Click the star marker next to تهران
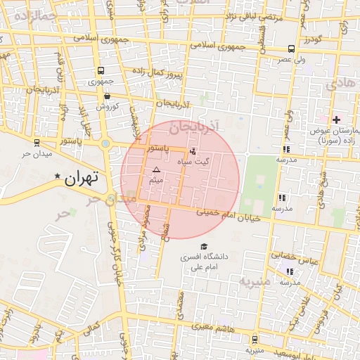click(x=58, y=176)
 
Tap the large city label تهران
click(x=83, y=179)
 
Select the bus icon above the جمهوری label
click(x=101, y=71)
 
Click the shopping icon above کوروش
click(x=107, y=96)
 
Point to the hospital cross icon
click(x=336, y=120)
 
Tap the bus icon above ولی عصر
click(x=291, y=49)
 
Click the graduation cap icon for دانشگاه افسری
click(x=204, y=247)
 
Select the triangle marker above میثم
click(x=156, y=170)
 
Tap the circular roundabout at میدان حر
click(x=106, y=144)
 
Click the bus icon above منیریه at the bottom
click(x=254, y=338)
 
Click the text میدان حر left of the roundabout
click(x=33, y=153)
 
